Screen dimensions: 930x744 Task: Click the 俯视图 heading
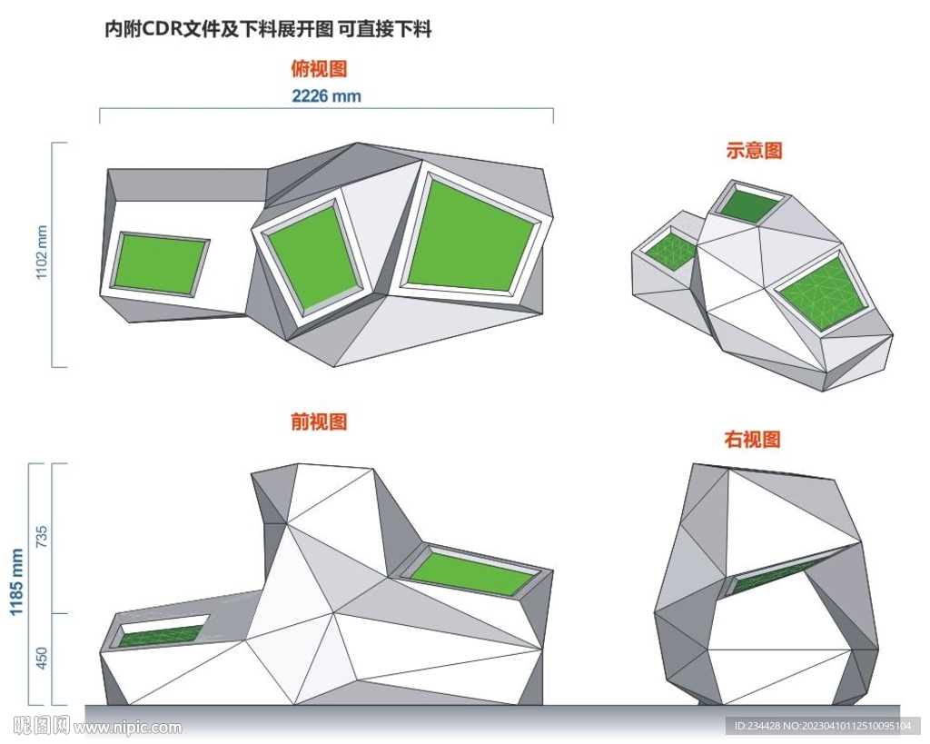(319, 69)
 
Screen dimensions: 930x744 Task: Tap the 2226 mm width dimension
(326, 96)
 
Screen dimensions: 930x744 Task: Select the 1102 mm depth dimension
(42, 253)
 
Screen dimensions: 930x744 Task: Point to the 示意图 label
(754, 150)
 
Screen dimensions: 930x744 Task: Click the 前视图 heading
(319, 422)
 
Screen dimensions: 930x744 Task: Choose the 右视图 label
(752, 440)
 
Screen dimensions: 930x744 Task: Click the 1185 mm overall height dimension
(16, 582)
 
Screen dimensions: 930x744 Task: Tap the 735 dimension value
(42, 537)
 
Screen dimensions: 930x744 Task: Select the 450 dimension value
(42, 659)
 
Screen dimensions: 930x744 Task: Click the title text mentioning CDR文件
(268, 28)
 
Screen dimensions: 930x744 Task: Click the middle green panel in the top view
(313, 259)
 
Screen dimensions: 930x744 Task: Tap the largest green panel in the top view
(471, 233)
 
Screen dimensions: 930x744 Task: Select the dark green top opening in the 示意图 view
(749, 204)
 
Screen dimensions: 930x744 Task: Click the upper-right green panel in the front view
(471, 572)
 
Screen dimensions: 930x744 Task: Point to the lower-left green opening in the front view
(162, 636)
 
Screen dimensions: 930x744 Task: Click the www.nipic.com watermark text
(128, 727)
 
